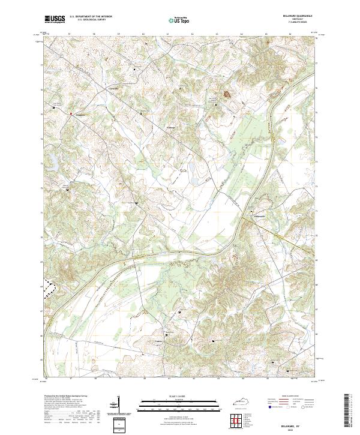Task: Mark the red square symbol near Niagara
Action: [70, 113]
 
